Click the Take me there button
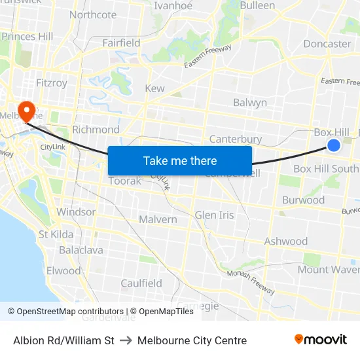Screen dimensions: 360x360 click(179, 160)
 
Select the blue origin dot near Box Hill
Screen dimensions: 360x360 click(333, 145)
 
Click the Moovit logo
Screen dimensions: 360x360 click(320, 340)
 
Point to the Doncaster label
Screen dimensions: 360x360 click(327, 44)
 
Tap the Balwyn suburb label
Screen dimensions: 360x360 click(250, 103)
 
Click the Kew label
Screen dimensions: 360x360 click(154, 88)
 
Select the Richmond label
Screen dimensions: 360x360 click(96, 130)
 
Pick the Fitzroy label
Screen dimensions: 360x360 click(52, 83)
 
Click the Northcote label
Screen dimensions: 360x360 click(92, 14)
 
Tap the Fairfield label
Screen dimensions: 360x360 click(121, 43)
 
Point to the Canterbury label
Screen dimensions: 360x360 click(235, 139)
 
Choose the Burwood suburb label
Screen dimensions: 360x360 click(303, 200)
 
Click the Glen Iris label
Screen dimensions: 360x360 click(214, 215)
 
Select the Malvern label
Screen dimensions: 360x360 click(157, 219)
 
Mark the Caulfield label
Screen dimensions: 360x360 click(141, 283)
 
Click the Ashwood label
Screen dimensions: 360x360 click(285, 242)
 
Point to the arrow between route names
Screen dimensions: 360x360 click(126, 340)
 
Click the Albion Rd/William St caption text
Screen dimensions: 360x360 click(63, 340)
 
